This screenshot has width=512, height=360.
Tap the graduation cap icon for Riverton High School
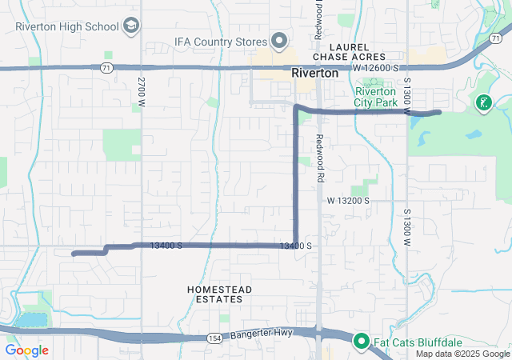click(x=130, y=26)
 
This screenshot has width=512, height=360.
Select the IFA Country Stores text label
click(x=221, y=40)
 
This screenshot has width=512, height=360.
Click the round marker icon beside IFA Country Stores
click(x=280, y=40)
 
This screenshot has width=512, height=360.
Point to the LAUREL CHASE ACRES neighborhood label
click(x=349, y=52)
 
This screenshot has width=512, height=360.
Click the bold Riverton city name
click(x=315, y=73)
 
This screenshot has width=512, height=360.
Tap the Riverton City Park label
click(x=377, y=97)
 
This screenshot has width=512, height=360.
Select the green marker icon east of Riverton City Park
click(x=483, y=102)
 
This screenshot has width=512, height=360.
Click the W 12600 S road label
click(x=377, y=70)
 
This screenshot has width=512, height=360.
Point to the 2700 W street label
click(x=142, y=87)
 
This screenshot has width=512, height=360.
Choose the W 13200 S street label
click(x=347, y=201)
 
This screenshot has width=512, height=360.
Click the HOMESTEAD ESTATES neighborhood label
click(x=219, y=294)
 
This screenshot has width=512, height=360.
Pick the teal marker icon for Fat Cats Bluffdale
click(x=360, y=342)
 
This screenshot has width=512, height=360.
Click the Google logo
click(x=26, y=350)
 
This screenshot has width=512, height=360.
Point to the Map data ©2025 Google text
click(x=462, y=354)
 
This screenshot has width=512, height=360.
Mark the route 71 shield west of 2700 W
click(x=106, y=68)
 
